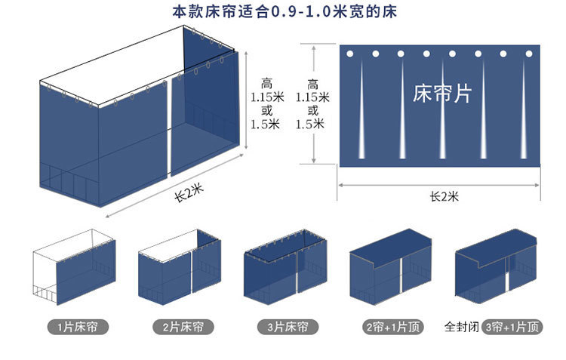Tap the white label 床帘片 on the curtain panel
click(x=443, y=94)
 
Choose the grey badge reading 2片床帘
click(x=182, y=328)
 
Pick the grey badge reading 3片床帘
click(x=288, y=328)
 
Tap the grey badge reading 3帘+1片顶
click(x=512, y=328)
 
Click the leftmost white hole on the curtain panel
click(x=349, y=54)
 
